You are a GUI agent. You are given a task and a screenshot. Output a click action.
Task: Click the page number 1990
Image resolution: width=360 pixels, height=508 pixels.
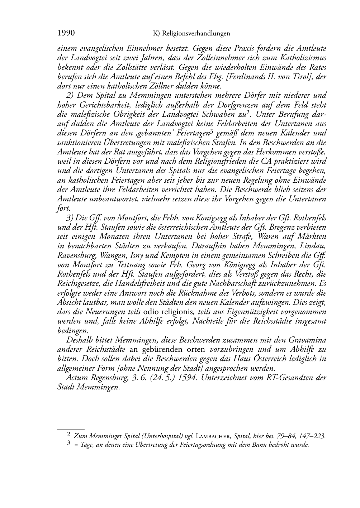66,33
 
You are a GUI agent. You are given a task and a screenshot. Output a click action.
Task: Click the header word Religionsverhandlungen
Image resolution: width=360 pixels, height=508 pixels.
196,34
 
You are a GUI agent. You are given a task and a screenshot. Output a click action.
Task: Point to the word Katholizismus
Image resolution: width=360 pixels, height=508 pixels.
301,57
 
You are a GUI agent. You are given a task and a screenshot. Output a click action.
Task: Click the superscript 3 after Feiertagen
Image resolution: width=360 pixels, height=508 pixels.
212,131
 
